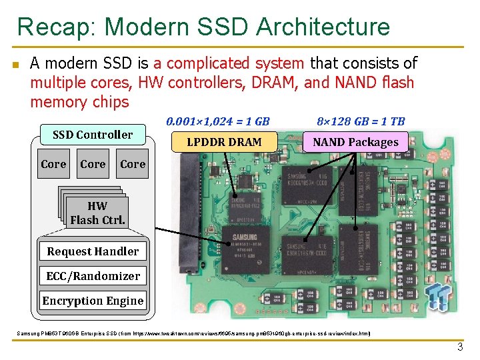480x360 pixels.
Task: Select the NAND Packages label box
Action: click(x=355, y=141)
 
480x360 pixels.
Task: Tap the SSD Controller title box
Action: click(x=93, y=135)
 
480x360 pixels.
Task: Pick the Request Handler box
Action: click(x=93, y=251)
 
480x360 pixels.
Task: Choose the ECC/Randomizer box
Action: click(x=93, y=276)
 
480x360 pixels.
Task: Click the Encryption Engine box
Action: click(x=93, y=301)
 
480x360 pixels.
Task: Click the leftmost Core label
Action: click(x=53, y=164)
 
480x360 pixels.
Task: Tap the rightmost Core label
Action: click(x=133, y=164)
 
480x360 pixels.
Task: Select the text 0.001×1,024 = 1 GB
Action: click(x=218, y=121)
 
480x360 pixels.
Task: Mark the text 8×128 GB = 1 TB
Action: click(x=361, y=121)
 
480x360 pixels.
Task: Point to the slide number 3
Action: click(x=459, y=347)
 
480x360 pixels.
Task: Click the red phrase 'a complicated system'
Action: click(x=229, y=63)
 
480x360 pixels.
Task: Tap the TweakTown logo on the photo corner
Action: click(x=438, y=295)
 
